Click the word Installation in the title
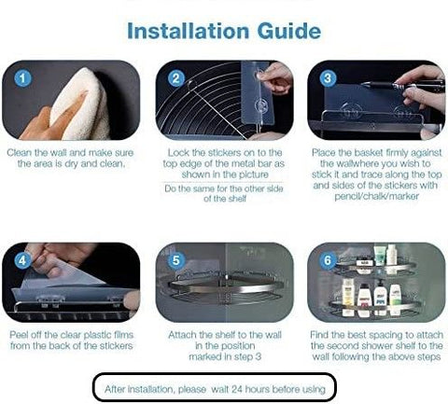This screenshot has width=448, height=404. tap(189, 31)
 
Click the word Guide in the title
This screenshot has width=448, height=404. tap(289, 31)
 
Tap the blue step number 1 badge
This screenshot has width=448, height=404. tap(22, 78)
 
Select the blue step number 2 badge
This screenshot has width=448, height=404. tap(176, 78)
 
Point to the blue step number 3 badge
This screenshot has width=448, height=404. tap(328, 78)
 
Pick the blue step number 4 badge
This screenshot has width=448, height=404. tap(22, 260)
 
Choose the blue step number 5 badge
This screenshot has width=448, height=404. tap(176, 260)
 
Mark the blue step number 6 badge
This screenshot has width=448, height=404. tap(328, 260)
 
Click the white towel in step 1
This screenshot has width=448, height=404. tap(81, 104)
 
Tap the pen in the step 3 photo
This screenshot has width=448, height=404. tap(403, 85)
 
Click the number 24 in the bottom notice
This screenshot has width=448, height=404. tap(236, 389)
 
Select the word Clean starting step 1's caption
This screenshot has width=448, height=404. tap(20, 153)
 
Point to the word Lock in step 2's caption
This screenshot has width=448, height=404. tap(178, 153)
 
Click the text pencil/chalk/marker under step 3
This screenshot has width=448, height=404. tap(376, 197)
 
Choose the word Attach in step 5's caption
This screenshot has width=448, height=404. tap(182, 335)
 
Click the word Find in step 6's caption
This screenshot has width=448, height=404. tap(320, 335)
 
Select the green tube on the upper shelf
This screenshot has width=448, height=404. tap(380, 255)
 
